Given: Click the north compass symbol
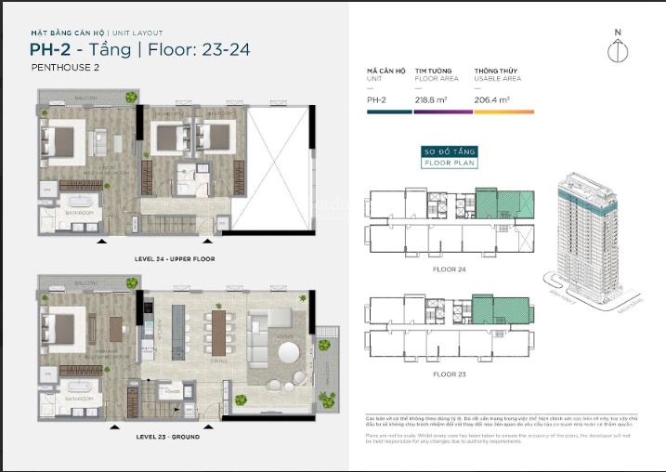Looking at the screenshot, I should pyautogui.click(x=612, y=47).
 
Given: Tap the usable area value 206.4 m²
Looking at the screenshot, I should pyautogui.click(x=492, y=98).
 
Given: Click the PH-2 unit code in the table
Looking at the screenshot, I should pyautogui.click(x=376, y=98).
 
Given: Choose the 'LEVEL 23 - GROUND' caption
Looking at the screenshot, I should pyautogui.click(x=170, y=435).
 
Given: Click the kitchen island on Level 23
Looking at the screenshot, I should pyautogui.click(x=169, y=332).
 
